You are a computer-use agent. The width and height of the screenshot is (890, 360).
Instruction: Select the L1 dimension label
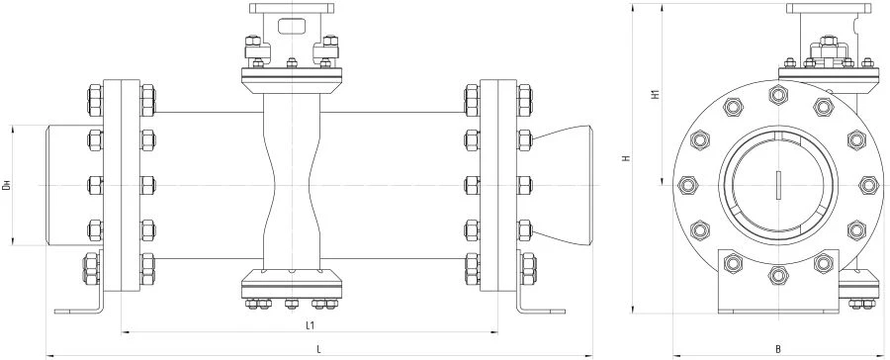[x=310, y=324]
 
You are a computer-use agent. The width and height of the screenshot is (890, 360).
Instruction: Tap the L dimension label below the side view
[x=317, y=348]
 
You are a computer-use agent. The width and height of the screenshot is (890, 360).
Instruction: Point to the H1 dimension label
[x=654, y=96]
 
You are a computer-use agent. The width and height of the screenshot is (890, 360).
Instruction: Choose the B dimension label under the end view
[x=777, y=348]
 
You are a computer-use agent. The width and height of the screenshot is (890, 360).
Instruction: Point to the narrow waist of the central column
[x=292, y=185]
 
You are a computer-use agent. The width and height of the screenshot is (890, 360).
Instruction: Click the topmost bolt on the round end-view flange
[x=778, y=96]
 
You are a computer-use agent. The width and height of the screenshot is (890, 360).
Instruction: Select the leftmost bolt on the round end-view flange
[x=688, y=185]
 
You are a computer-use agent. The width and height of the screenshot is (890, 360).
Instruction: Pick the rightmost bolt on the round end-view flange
[x=868, y=185]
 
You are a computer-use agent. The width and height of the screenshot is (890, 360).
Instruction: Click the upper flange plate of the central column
[x=292, y=75]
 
